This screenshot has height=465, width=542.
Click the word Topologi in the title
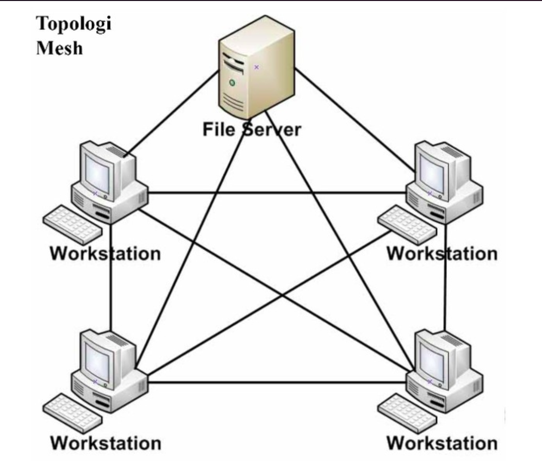[74, 24]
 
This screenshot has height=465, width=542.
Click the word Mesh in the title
[59, 48]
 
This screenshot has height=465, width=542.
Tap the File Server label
[252, 129]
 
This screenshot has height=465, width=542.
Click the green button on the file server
[232, 83]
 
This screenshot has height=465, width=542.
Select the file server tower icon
[257, 67]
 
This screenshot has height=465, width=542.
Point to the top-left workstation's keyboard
[72, 225]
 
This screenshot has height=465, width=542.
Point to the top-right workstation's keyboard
[407, 225]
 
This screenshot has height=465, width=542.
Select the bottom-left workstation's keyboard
[72, 414]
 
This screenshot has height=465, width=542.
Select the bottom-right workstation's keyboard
[407, 414]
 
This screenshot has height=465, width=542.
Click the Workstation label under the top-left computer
[105, 254]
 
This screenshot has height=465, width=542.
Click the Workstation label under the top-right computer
[443, 254]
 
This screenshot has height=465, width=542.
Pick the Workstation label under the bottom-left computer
[106, 443]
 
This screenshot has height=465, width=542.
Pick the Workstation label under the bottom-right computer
[443, 443]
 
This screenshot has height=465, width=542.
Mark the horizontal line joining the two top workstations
[277, 193]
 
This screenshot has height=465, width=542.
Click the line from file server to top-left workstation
[171, 114]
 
